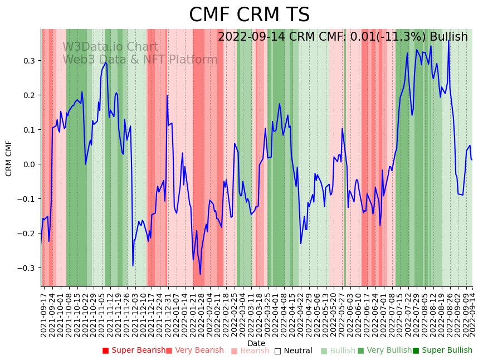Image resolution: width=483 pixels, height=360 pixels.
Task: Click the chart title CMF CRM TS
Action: click(x=249, y=14)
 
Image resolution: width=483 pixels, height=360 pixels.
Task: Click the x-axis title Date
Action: click(x=256, y=343)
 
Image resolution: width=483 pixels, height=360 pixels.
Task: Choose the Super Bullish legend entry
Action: click(x=442, y=351)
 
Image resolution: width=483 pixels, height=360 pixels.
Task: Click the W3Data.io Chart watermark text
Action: click(x=110, y=47)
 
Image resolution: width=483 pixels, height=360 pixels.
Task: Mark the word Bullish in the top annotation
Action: click(x=448, y=37)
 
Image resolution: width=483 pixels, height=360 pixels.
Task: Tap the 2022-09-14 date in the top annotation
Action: click(x=250, y=37)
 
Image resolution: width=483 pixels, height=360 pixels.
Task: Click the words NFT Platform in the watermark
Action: click(x=185, y=60)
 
